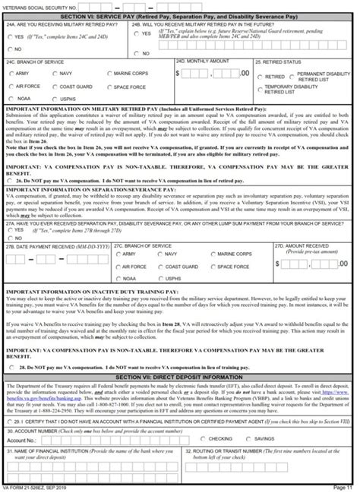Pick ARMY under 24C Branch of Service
coord(11,74)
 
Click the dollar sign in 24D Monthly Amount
coord(178,74)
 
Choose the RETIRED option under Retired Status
coord(261,77)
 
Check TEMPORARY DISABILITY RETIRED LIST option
coord(261,90)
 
